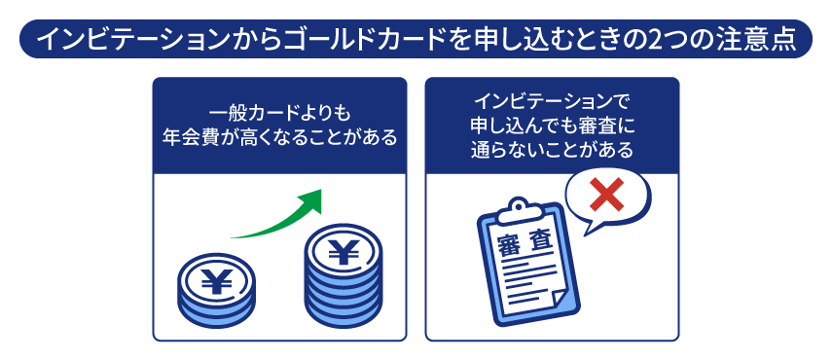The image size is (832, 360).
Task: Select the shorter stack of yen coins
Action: tap(216, 288)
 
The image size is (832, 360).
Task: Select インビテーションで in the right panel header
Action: tap(552, 99)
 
